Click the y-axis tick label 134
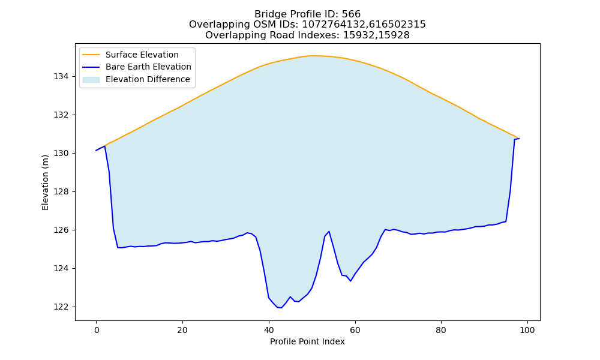(x=61, y=77)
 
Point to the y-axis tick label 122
(x=61, y=307)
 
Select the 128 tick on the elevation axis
(x=61, y=191)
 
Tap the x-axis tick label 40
(x=269, y=330)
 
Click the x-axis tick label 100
(x=527, y=330)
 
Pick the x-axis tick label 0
(x=96, y=330)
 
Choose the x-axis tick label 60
(x=355, y=330)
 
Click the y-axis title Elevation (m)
(x=45, y=182)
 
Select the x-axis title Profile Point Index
(x=307, y=341)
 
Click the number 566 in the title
(x=351, y=14)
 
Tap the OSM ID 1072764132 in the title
(x=334, y=25)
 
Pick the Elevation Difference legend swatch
(x=91, y=80)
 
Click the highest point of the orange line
(x=312, y=55)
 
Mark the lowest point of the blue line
(x=281, y=308)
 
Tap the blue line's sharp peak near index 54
(x=329, y=232)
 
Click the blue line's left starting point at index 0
(x=96, y=151)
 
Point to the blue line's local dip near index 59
(x=350, y=281)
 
